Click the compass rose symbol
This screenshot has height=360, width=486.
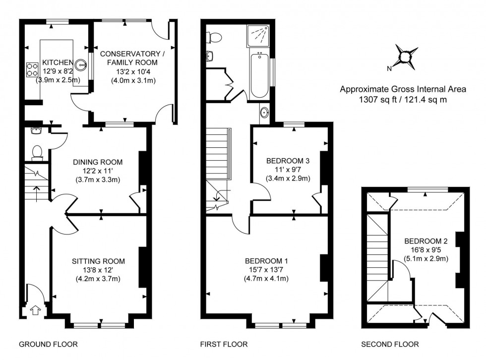coord(406,58)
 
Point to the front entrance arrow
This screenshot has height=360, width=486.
coord(34,311)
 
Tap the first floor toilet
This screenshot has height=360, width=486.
coord(215,37)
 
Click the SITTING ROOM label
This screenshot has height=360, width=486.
coord(98,261)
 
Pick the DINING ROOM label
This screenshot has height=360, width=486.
coord(98,162)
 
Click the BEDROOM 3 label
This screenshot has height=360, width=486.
coord(288,161)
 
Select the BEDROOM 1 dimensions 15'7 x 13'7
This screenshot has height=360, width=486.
coord(266,270)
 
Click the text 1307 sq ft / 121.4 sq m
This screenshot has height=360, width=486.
coord(403,99)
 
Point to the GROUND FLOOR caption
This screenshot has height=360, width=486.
coord(48,344)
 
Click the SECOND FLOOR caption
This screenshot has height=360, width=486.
coord(389,344)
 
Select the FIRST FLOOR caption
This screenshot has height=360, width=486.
coord(224,344)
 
